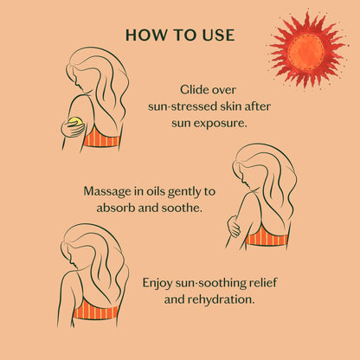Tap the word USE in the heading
218,35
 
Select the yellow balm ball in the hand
76,121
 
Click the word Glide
192,90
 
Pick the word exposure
221,124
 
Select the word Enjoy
157,283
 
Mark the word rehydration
222,299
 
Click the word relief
262,283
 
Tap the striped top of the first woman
101,138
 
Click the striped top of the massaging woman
267,236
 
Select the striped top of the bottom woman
96,310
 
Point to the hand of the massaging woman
234,226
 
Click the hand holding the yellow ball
72,128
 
